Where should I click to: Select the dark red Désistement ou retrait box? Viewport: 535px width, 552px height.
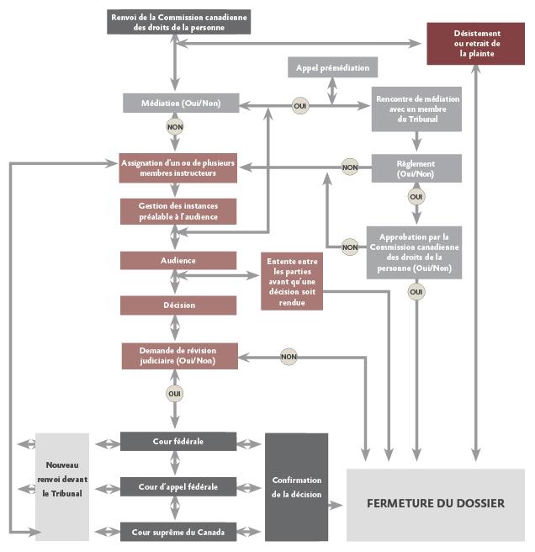(476, 44)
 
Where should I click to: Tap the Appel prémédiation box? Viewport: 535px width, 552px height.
(332, 67)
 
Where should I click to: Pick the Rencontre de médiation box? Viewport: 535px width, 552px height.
(416, 109)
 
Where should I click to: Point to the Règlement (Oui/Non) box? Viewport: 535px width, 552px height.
(416, 167)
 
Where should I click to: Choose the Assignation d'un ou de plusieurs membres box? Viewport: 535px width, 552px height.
(177, 167)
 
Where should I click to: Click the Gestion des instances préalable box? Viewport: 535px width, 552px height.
(177, 211)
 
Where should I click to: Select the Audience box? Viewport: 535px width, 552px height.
(177, 261)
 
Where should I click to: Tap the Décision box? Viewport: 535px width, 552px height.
(177, 305)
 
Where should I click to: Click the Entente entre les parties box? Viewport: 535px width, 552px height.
(292, 280)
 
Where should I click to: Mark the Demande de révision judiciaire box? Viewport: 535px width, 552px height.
(177, 356)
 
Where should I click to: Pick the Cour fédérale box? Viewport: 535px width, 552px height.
(177, 441)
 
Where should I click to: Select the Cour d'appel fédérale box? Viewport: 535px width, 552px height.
(177, 486)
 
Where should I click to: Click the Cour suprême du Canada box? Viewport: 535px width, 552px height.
(177, 531)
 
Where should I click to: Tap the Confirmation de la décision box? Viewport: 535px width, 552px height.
(296, 486)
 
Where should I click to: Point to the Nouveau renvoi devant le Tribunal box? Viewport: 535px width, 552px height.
(61, 486)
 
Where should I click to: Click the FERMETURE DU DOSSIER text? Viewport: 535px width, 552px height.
(435, 504)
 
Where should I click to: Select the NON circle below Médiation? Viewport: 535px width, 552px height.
(175, 127)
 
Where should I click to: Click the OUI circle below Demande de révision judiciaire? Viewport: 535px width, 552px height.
(175, 393)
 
